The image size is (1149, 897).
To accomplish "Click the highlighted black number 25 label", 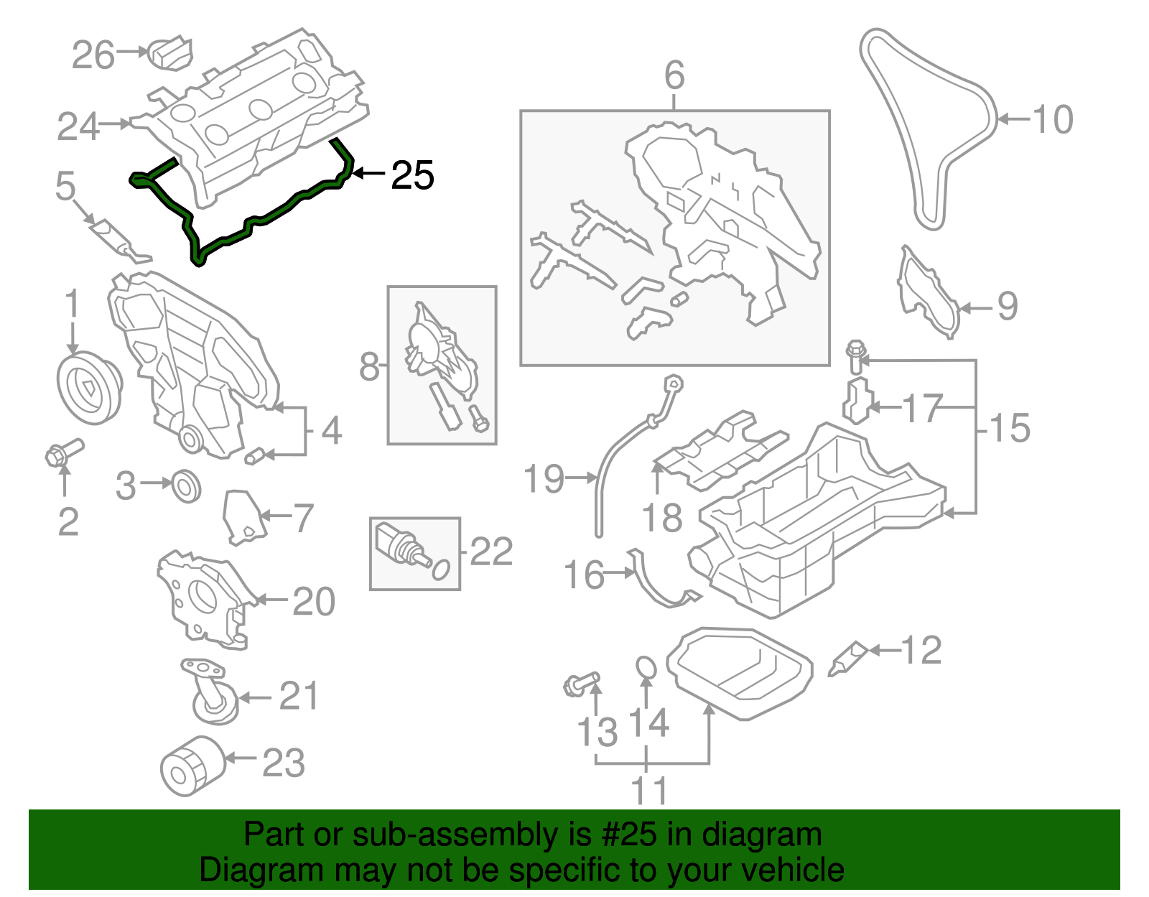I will (413, 175).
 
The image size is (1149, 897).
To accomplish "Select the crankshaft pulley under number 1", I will (88, 388).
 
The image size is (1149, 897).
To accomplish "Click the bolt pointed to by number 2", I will (63, 452).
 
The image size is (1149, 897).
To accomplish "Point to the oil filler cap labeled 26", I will (170, 54).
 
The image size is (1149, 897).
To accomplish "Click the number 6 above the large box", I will (674, 75).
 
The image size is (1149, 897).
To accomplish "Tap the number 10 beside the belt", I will (1053, 119).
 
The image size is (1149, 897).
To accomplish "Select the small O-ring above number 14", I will (646, 667).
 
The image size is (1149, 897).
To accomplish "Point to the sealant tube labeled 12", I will (847, 659).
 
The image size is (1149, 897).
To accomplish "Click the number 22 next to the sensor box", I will (491, 552).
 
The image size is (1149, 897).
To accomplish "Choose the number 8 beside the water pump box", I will (369, 366).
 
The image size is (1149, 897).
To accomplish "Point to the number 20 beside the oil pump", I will (314, 601).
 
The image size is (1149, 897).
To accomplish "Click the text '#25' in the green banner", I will (625, 835).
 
